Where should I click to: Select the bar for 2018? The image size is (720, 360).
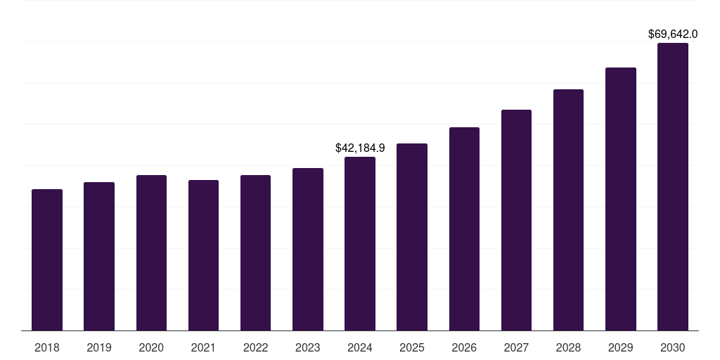pos(47,260)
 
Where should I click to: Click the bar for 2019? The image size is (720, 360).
pos(99,257)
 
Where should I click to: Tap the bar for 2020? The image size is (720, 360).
pos(151,253)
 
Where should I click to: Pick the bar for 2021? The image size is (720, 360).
pos(203,255)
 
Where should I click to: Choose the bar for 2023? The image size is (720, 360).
pos(308,250)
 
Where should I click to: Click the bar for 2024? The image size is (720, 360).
pos(360,244)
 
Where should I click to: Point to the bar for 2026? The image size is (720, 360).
pos(464,229)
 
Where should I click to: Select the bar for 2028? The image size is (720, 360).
pos(568,210)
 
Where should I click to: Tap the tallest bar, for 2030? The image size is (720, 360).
pos(672,187)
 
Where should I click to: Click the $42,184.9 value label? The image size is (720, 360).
pos(360,148)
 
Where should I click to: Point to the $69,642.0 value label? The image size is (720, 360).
pos(672,34)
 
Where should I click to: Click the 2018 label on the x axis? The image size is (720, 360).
pos(47,347)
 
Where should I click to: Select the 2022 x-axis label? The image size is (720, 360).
pos(256,347)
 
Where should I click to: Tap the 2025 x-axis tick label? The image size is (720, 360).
pos(412,347)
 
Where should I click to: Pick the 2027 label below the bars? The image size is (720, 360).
pos(516,347)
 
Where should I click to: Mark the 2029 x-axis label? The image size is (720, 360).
pos(620,347)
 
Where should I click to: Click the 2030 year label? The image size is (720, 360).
pos(672,347)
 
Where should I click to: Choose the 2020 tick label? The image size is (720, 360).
pos(151,347)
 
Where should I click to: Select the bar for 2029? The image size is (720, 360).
pos(620,199)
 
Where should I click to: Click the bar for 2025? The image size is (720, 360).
pos(412,237)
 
